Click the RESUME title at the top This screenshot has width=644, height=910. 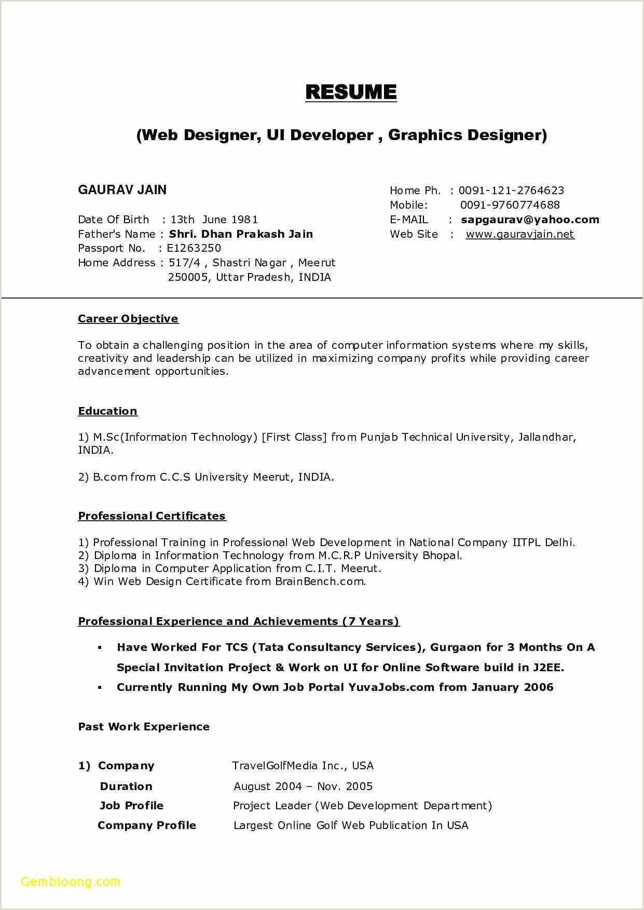(351, 92)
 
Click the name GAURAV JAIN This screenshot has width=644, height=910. (122, 190)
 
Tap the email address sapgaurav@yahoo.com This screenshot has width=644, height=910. (530, 220)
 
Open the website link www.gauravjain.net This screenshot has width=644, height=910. (520, 234)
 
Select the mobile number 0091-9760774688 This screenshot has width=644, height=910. (510, 205)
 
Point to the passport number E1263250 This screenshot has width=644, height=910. (194, 248)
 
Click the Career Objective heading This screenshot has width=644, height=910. (128, 319)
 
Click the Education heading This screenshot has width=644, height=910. (107, 411)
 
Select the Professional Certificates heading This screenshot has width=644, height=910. (152, 516)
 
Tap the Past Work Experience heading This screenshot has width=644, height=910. (144, 727)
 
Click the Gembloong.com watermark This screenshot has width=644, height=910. (71, 881)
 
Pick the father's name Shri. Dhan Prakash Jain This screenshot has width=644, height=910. (241, 234)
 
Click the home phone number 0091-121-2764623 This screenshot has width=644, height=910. (511, 191)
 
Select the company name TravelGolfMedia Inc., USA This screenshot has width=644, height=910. (303, 766)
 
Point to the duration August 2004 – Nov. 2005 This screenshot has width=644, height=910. (303, 786)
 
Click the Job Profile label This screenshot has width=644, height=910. (131, 806)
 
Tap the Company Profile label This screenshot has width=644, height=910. (147, 825)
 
